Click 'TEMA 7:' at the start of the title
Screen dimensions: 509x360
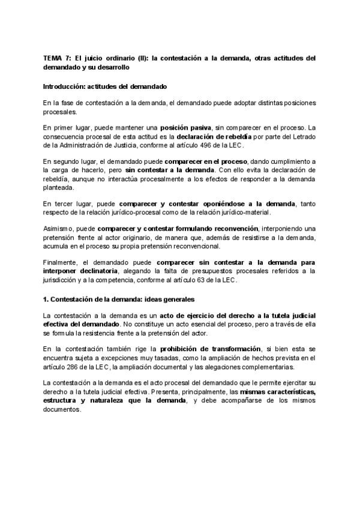tap(56, 58)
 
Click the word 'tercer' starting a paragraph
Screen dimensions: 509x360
tap(71, 203)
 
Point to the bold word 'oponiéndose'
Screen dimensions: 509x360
tap(225, 203)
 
